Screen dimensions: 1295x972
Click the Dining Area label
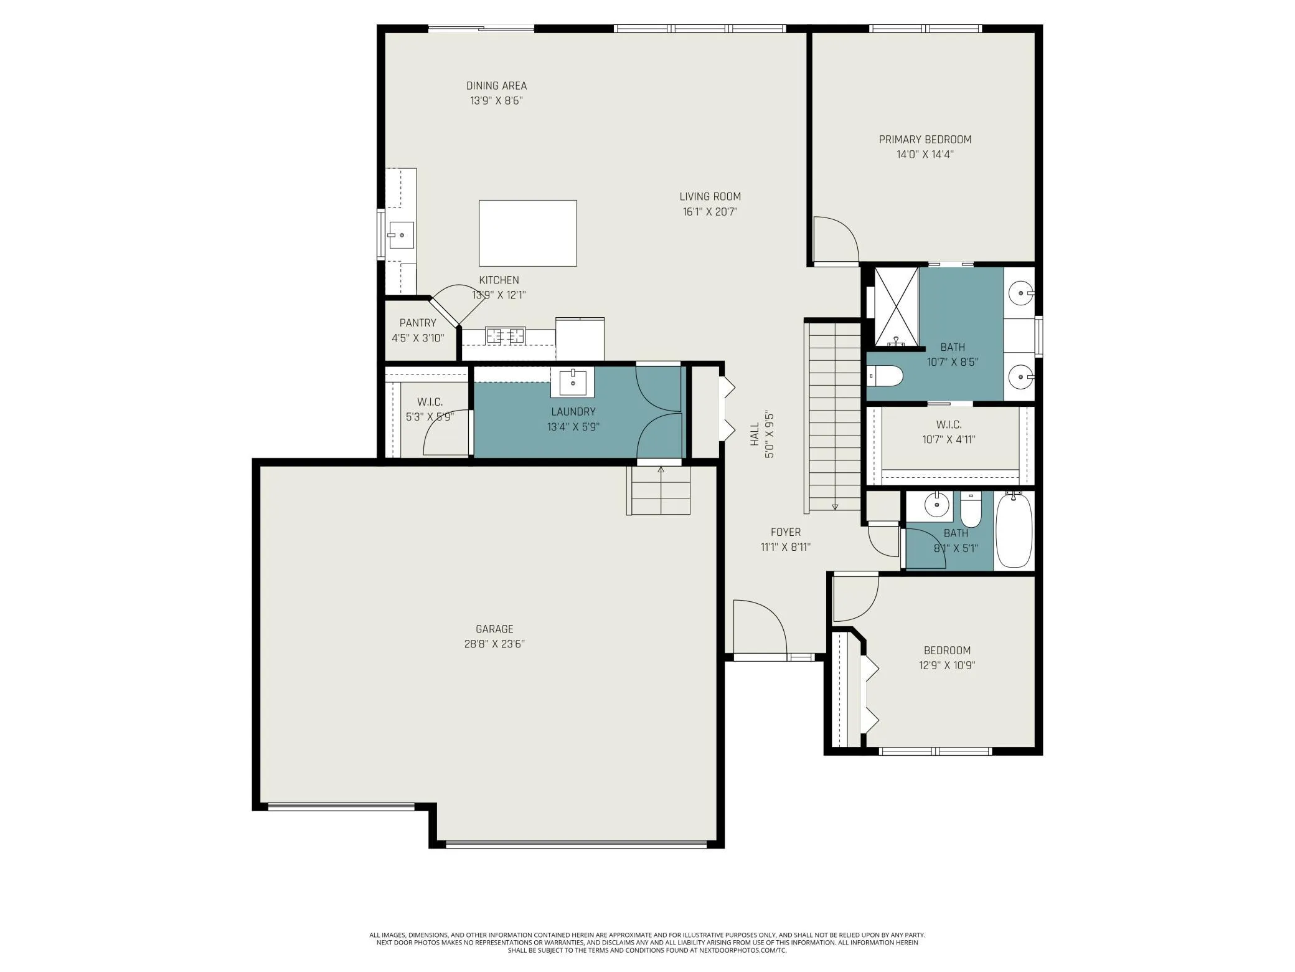[x=496, y=86]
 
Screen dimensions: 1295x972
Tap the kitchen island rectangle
[x=527, y=233]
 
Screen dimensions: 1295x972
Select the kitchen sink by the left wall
[x=401, y=236]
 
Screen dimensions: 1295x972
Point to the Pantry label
[x=418, y=323]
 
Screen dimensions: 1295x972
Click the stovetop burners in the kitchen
[x=506, y=336]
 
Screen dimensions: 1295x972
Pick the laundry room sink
[x=572, y=382]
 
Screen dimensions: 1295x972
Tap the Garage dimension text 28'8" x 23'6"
[x=494, y=644]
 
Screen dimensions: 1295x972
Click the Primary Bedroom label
[x=925, y=140]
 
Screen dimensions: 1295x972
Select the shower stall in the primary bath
[x=897, y=307]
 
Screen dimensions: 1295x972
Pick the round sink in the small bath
[x=936, y=504]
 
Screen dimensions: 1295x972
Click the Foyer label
[x=786, y=532]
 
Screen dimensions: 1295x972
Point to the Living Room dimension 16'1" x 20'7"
[x=710, y=212]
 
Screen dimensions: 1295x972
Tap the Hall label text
[x=755, y=434]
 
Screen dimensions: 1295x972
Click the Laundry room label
[x=573, y=412]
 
